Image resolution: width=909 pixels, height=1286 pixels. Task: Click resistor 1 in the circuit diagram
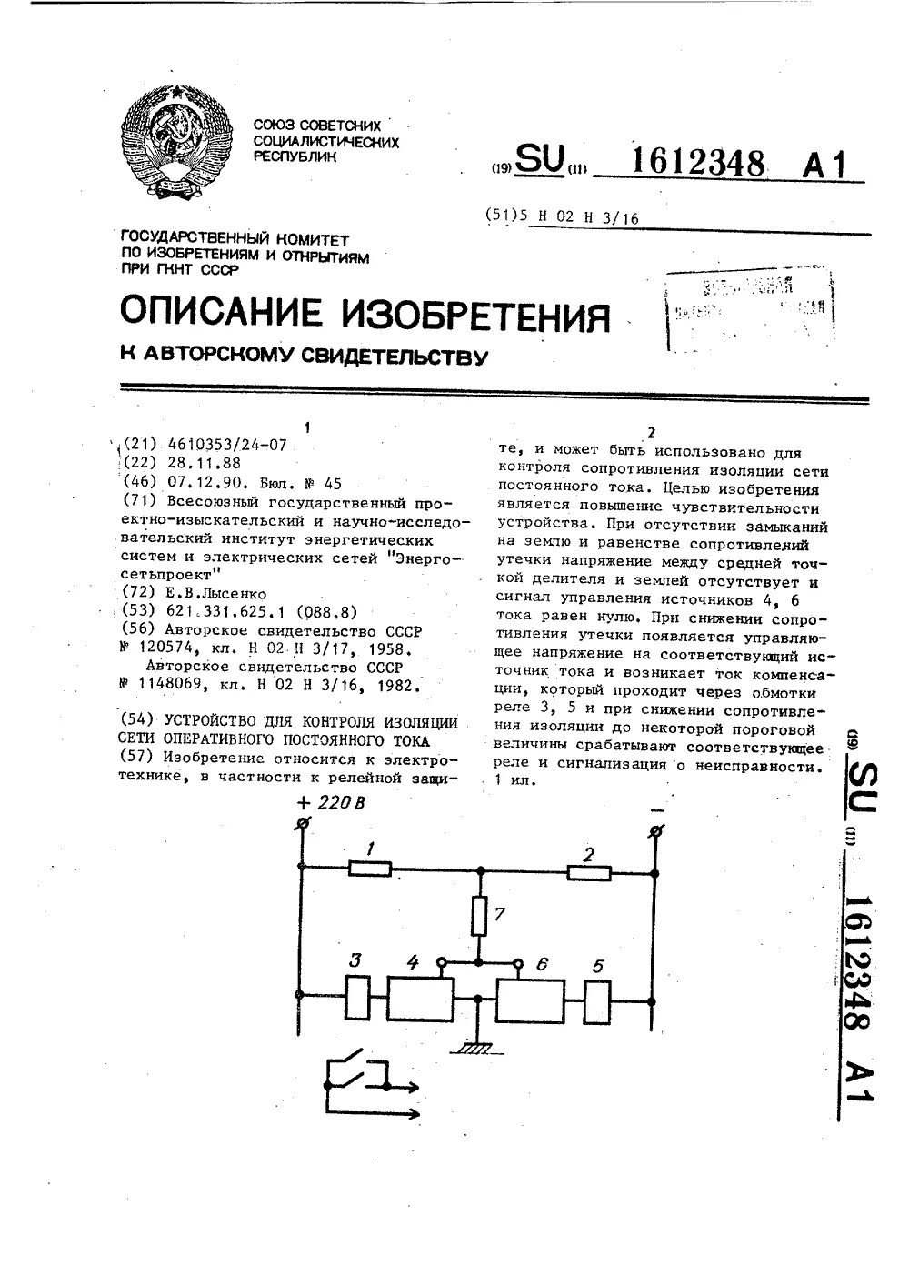point(370,869)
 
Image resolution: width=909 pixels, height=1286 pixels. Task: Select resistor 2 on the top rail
point(588,873)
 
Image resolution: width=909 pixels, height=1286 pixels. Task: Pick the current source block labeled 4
point(421,1000)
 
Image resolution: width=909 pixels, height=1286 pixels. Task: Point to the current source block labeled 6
point(530,1001)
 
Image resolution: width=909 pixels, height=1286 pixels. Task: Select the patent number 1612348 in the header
point(697,164)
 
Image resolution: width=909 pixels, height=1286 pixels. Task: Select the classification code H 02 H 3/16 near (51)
point(590,217)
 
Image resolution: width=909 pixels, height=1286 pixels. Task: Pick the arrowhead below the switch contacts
point(413,1086)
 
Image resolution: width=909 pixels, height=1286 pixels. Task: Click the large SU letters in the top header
point(538,160)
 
